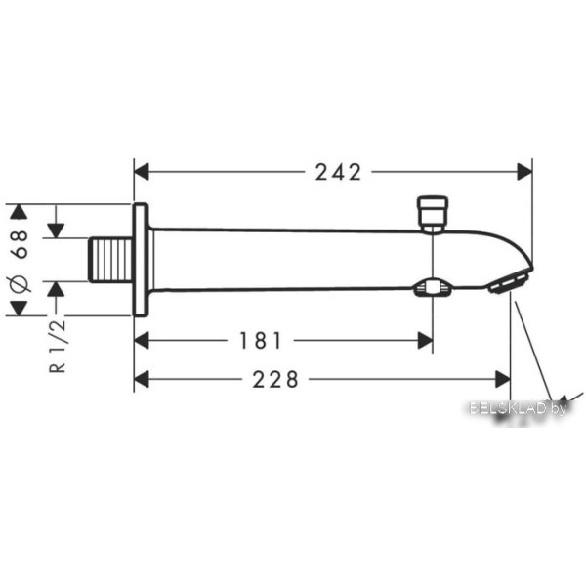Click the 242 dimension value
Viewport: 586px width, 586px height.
tap(339, 172)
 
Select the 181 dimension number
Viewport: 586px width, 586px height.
tap(260, 341)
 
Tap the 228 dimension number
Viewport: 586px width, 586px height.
tap(275, 379)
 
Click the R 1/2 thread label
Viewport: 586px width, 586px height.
tap(58, 346)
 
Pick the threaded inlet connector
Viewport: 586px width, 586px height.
tap(110, 260)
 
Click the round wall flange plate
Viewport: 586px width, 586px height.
tap(141, 260)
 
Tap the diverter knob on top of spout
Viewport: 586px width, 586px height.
tap(433, 214)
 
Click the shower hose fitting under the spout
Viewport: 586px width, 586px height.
tap(432, 288)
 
